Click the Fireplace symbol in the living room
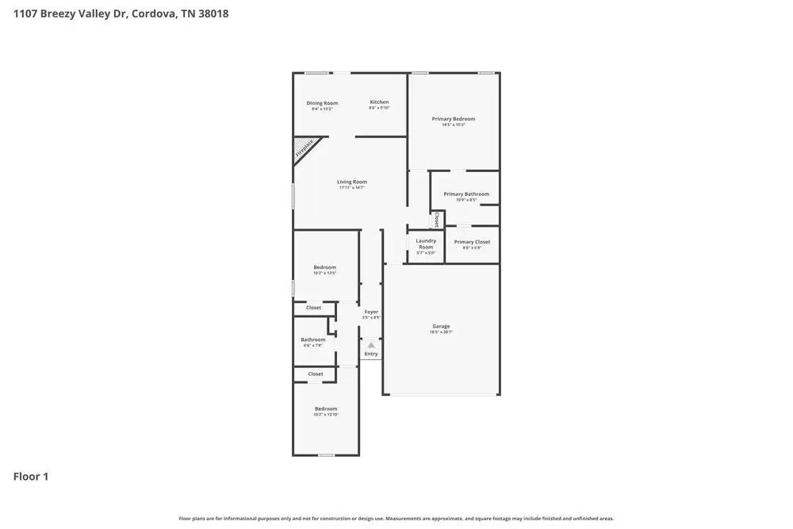coord(305,149)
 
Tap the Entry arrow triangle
coord(370,345)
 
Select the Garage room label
coord(441,326)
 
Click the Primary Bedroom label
coord(454,119)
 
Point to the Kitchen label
coord(379,102)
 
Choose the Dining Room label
coord(322,103)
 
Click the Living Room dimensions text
coord(352,188)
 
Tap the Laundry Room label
coord(426,243)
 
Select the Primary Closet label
coord(472,242)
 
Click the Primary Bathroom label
coord(466,194)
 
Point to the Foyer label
coord(371,312)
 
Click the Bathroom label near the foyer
coord(312,339)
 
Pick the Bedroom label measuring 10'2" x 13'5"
coord(324,267)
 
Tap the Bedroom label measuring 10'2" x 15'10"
coord(325,408)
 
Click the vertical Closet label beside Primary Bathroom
coord(436,219)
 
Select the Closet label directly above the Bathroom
coord(313,308)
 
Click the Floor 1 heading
coord(31,477)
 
